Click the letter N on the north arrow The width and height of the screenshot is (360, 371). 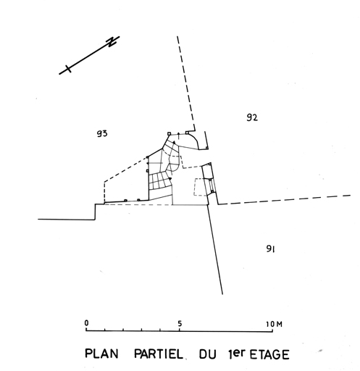click(x=112, y=41)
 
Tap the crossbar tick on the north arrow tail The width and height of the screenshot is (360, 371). click(x=68, y=69)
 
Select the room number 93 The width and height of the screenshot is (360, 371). click(x=102, y=133)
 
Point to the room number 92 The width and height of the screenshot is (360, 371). click(x=252, y=117)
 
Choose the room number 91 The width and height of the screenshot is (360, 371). click(x=270, y=249)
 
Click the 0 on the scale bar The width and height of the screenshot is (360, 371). click(x=86, y=323)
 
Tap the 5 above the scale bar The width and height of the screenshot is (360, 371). click(x=180, y=324)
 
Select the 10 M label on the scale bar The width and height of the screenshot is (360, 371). click(x=274, y=324)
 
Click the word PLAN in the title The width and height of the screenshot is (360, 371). click(x=101, y=354)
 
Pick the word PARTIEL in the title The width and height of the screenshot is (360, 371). click(x=158, y=354)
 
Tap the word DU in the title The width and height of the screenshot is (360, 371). click(x=207, y=354)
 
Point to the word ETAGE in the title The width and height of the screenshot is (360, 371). click(x=269, y=355)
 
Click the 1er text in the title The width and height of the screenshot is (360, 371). click(x=236, y=354)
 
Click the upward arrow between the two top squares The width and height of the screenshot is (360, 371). click(x=178, y=136)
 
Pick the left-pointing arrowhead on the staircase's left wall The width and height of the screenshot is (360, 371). click(x=148, y=164)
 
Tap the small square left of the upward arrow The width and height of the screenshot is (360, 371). click(x=169, y=133)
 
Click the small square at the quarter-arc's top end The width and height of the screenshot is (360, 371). click(x=187, y=133)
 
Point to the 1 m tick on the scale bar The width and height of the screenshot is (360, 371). click(x=105, y=329)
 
